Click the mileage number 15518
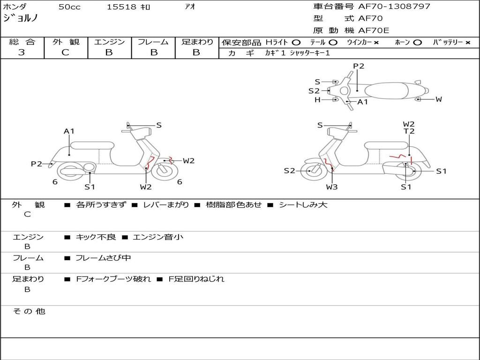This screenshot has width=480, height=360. (x=121, y=7)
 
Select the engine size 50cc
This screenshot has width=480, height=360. (x=68, y=7)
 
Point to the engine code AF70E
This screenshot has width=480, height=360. (x=374, y=31)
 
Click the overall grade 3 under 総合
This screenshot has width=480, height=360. (x=22, y=52)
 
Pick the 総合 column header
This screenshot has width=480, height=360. (x=22, y=42)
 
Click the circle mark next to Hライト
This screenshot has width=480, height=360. (x=296, y=43)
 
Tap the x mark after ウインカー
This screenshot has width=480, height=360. (x=376, y=43)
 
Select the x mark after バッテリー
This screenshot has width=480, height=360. (x=468, y=43)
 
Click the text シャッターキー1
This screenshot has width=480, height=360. (x=310, y=53)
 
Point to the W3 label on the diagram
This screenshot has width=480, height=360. (x=332, y=187)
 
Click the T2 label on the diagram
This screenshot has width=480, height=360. (x=409, y=132)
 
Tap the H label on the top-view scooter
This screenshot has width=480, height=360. (x=317, y=100)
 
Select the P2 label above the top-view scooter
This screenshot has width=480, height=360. (x=359, y=66)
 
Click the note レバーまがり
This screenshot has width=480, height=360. (x=166, y=205)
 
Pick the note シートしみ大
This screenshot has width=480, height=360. (x=303, y=205)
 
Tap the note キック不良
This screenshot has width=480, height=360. (x=96, y=237)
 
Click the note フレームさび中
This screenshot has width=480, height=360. (x=103, y=258)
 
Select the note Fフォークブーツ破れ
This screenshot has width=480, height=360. (x=113, y=279)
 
